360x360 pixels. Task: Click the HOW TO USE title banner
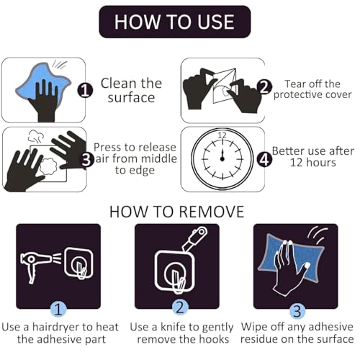175,22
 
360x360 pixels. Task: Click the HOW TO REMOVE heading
176,212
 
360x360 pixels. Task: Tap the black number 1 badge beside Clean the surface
85,91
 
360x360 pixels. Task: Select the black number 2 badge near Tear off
264,86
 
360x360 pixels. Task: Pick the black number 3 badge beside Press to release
86,160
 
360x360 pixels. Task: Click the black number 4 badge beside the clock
264,160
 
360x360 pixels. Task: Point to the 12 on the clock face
222,135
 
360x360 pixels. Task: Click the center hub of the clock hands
222,158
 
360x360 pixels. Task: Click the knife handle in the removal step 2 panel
195,238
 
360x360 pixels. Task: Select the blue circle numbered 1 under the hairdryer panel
58,309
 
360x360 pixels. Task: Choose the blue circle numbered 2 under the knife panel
179,307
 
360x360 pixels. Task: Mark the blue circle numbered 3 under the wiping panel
297,311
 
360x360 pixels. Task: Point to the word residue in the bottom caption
259,339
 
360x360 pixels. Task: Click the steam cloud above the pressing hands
36,136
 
